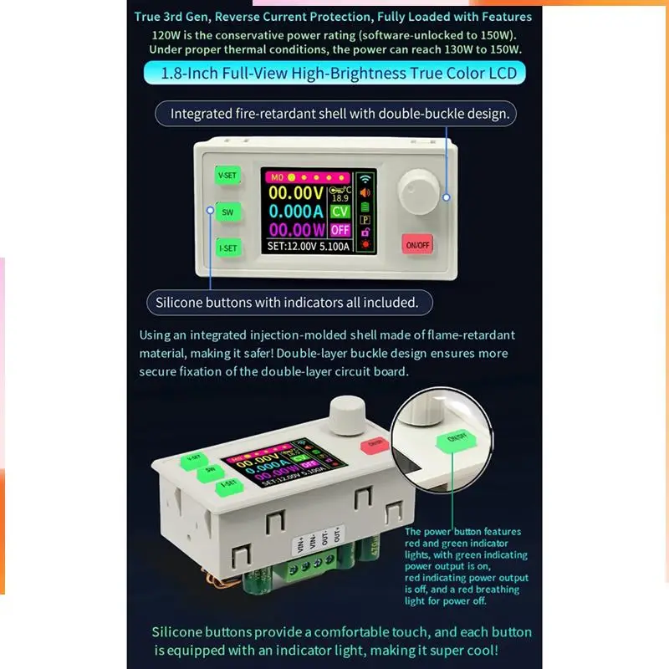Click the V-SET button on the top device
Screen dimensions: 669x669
click(227, 176)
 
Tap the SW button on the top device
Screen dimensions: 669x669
click(227, 212)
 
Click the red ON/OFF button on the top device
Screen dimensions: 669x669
click(416, 245)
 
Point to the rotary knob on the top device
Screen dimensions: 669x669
click(418, 192)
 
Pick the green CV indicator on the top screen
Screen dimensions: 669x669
click(340, 212)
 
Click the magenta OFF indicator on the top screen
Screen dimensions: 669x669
click(340, 230)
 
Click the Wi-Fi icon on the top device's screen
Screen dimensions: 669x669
click(365, 178)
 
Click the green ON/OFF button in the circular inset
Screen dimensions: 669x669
click(456, 437)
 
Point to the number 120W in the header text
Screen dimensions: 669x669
click(170, 36)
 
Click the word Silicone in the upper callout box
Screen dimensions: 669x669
click(181, 301)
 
